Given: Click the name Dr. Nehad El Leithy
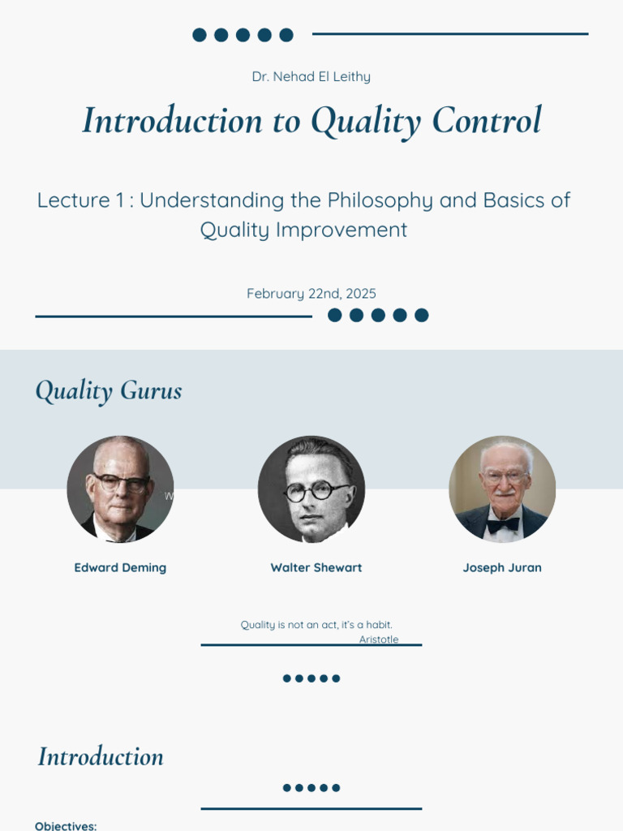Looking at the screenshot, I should [311, 77].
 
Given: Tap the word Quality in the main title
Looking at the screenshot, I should [366, 122].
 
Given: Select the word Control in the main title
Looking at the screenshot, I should [486, 121].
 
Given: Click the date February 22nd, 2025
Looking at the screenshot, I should [311, 294].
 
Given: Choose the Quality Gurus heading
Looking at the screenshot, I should [108, 391].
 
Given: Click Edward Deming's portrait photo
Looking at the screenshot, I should [120, 489].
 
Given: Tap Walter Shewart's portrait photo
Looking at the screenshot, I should [311, 489].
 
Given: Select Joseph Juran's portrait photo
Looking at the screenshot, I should [502, 489].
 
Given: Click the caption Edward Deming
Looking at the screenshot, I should [120, 568].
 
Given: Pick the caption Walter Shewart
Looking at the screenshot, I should [316, 568].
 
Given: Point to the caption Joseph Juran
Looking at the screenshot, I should [502, 568].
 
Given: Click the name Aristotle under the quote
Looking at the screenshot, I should [379, 639].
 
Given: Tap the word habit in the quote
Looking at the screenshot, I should [378, 625].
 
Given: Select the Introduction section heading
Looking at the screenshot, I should [101, 757].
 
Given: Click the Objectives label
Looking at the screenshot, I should [66, 825].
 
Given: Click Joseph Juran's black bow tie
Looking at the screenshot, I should [503, 524].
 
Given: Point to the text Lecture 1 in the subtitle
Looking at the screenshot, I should [74, 200].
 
